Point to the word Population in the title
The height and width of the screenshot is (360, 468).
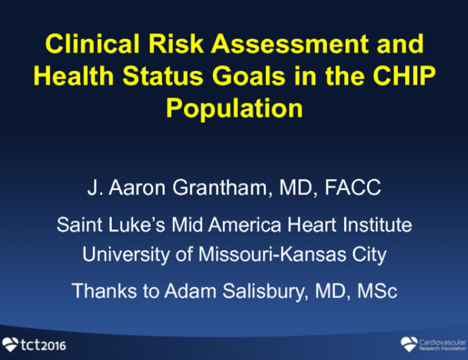[234, 108]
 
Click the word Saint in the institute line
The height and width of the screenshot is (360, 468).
[78, 223]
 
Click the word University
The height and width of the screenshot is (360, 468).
[130, 255]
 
